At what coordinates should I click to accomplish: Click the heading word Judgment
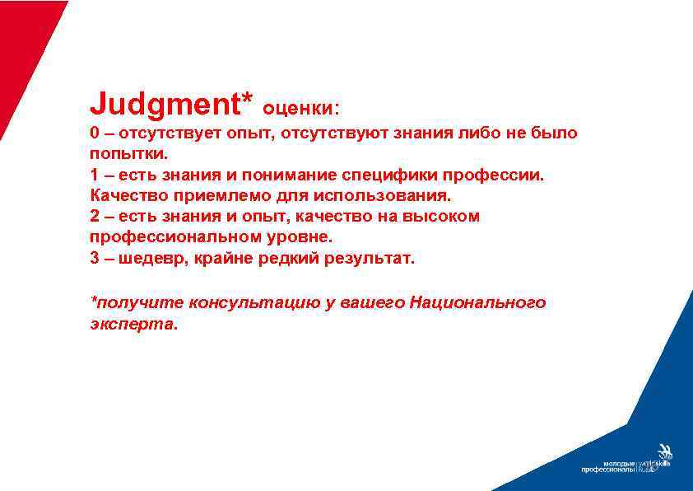(x=165, y=105)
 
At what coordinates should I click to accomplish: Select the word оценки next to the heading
(x=300, y=108)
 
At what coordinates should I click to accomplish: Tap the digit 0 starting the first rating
(x=95, y=133)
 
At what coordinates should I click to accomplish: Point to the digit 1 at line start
(x=95, y=175)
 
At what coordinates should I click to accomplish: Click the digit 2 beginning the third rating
(x=95, y=217)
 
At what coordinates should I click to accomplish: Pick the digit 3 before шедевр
(x=95, y=259)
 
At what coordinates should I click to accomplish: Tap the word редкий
(x=300, y=259)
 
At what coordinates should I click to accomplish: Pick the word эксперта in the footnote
(x=132, y=324)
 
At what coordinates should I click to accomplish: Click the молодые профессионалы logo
(x=626, y=465)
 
